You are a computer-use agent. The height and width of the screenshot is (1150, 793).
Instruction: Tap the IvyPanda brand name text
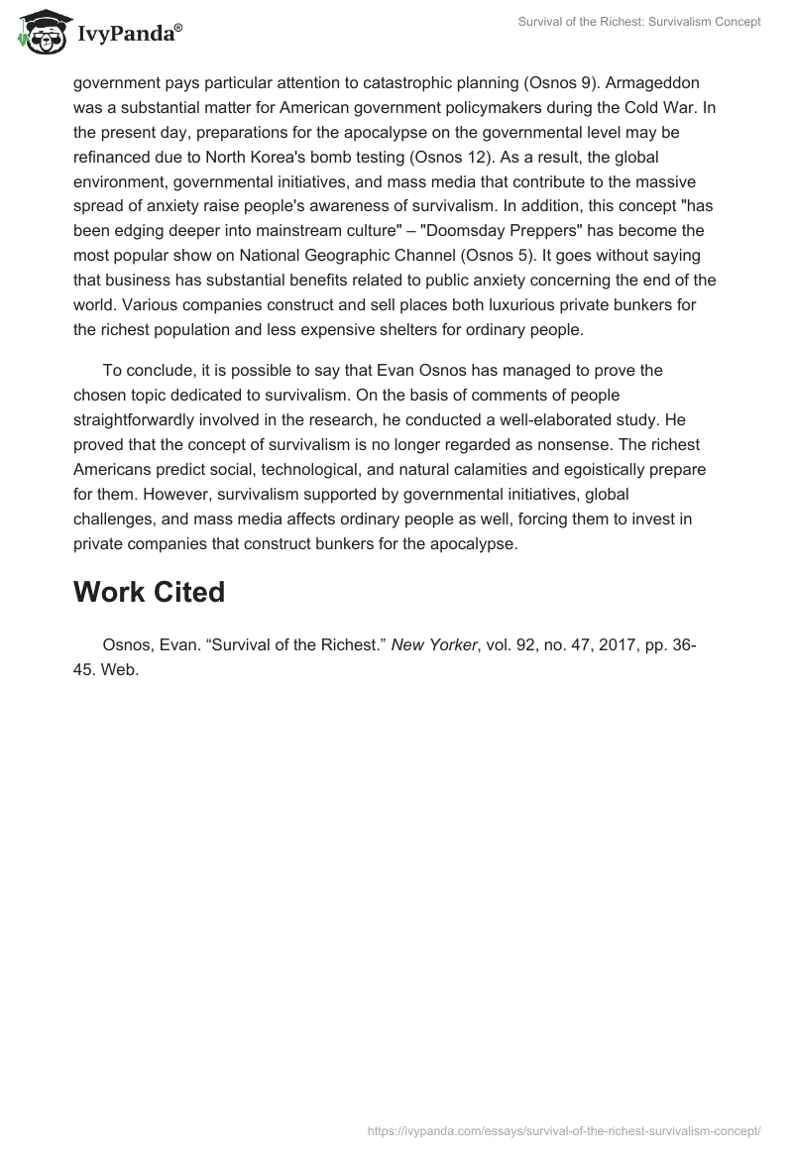pyautogui.click(x=129, y=36)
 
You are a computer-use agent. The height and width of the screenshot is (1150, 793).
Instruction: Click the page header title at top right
pyautogui.click(x=639, y=22)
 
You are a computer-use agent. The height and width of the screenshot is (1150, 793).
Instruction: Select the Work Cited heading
pyautogui.click(x=149, y=592)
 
